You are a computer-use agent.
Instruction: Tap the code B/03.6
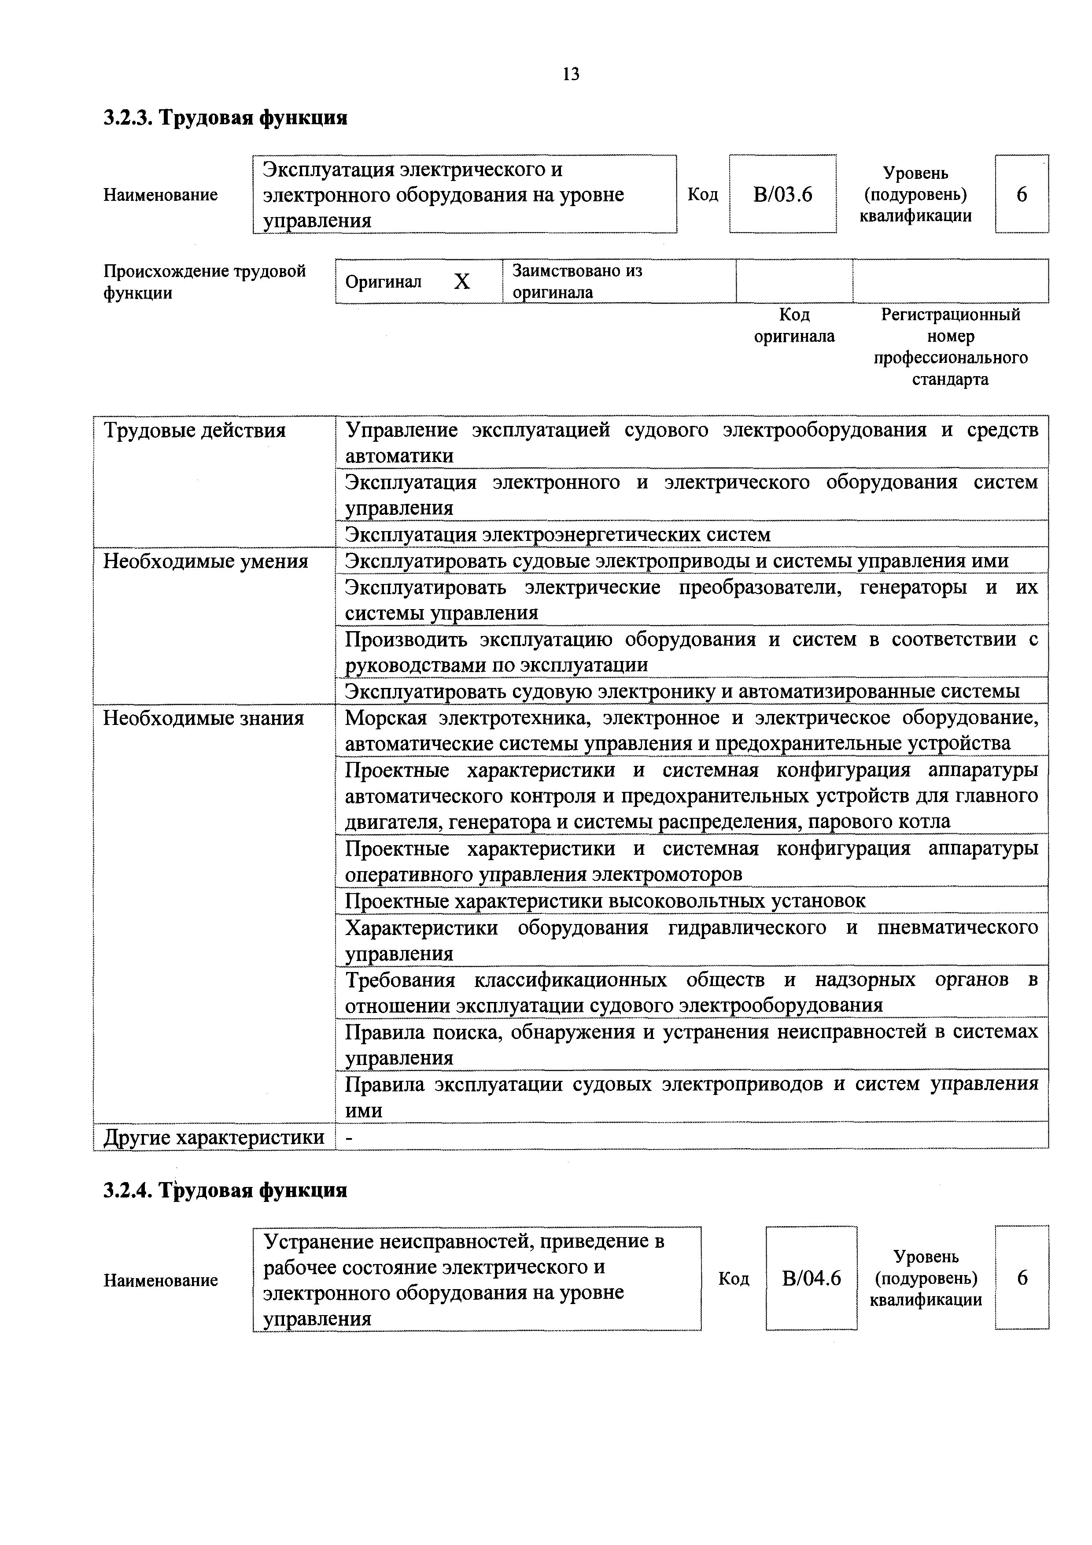[782, 195]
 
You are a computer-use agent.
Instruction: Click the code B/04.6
[812, 1278]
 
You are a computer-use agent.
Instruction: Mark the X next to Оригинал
[461, 282]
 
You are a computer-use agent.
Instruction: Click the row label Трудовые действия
[195, 431]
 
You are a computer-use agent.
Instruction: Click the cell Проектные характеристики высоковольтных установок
[605, 901]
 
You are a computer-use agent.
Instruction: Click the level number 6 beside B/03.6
[1022, 195]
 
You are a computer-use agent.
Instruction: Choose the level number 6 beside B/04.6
[1022, 1278]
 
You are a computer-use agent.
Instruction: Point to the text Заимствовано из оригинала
[577, 282]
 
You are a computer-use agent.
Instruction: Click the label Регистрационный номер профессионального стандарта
[950, 347]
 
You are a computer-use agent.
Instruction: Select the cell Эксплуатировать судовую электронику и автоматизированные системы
[682, 692]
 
